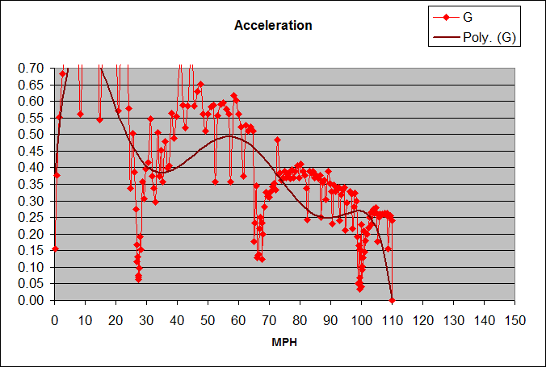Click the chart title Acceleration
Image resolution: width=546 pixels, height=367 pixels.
pyautogui.click(x=272, y=26)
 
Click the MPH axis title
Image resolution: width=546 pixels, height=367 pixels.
pyautogui.click(x=284, y=342)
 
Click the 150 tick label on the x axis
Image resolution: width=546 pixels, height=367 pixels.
pyautogui.click(x=514, y=319)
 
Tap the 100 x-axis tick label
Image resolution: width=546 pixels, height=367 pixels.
pyautogui.click(x=361, y=319)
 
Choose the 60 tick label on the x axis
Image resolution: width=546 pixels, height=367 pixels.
pyautogui.click(x=238, y=319)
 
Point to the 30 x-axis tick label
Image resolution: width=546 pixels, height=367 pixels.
pyautogui.click(x=146, y=319)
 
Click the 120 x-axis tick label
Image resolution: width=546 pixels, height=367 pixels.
pyautogui.click(x=422, y=319)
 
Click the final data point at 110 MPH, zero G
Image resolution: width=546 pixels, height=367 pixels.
pyautogui.click(x=392, y=300)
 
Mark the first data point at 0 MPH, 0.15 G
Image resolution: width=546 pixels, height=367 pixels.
pyautogui.click(x=55, y=249)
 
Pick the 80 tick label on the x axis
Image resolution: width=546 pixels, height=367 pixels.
pyautogui.click(x=300, y=319)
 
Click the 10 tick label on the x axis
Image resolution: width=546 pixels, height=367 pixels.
pyautogui.click(x=85, y=319)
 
